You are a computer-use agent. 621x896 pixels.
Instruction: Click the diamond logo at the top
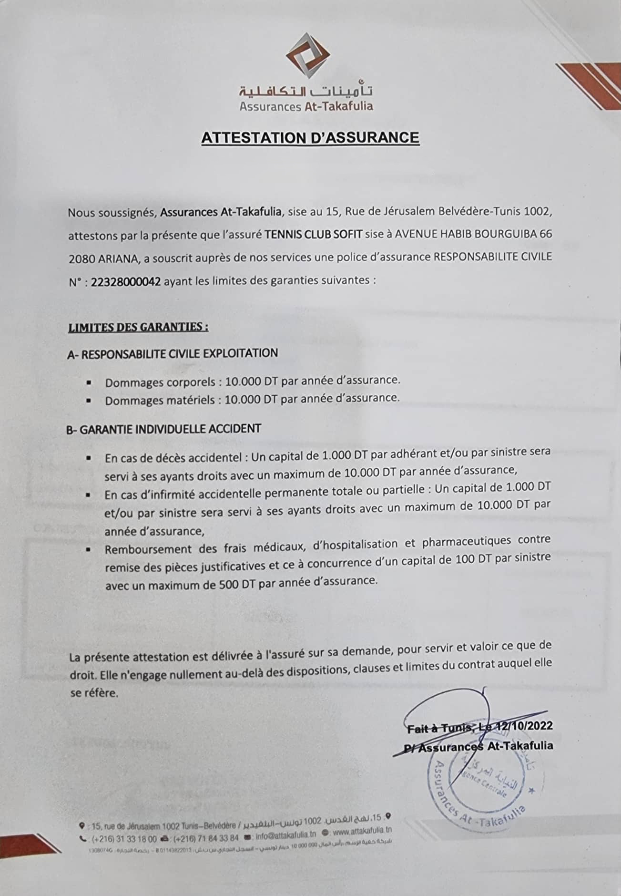click(307, 56)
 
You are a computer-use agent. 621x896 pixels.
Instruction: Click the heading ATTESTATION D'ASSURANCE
click(310, 138)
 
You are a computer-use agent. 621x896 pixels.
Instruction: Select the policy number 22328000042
click(125, 281)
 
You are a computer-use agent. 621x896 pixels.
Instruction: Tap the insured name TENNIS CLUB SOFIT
click(313, 234)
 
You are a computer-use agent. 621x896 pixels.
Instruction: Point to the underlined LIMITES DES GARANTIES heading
click(138, 327)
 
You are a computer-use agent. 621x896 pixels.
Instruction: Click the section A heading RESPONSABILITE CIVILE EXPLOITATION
click(173, 353)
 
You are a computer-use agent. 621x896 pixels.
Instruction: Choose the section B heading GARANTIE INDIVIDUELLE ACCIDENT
click(163, 428)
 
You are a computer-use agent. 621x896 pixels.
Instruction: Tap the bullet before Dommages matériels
click(89, 401)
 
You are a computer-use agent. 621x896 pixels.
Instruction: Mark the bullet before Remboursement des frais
click(89, 549)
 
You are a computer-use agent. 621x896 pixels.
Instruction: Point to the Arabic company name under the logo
click(306, 90)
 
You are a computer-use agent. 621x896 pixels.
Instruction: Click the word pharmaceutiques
click(467, 542)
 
